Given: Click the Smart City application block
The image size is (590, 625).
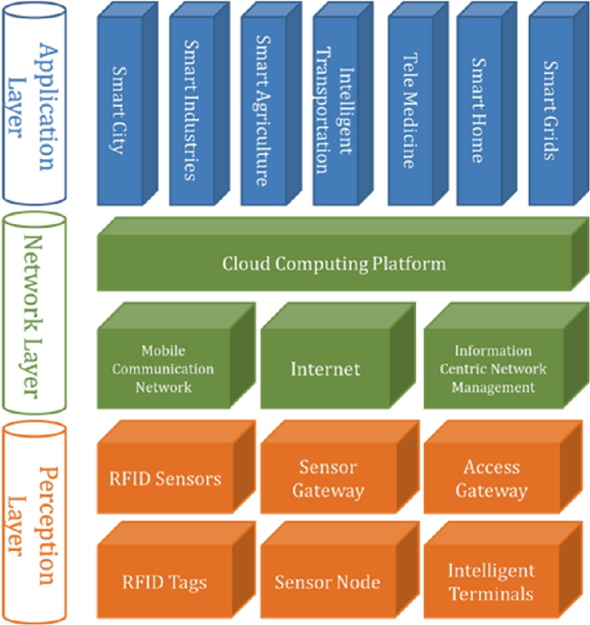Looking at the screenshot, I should tap(120, 108).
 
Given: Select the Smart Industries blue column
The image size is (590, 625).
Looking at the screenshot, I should tap(191, 108).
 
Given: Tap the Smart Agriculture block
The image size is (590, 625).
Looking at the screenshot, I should tap(264, 108).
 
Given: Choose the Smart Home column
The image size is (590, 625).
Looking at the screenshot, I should tap(480, 108).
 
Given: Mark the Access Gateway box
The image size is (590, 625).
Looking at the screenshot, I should tap(491, 479).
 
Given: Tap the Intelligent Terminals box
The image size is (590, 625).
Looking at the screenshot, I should tap(491, 582).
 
